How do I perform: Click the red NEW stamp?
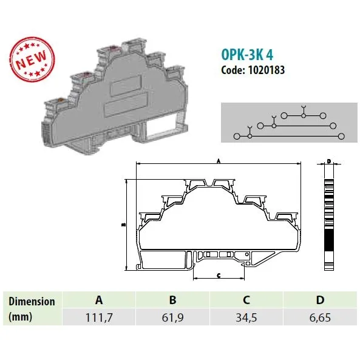point(32,59)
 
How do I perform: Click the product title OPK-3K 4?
point(247,55)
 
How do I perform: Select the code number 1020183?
point(267,70)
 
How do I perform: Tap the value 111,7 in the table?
point(99,318)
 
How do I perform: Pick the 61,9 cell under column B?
point(172,318)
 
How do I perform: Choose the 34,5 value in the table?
point(246,318)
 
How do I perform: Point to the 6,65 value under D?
point(320,318)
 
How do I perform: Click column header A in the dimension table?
point(99,300)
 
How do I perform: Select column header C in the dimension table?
point(246,300)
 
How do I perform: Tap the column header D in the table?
point(321,300)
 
